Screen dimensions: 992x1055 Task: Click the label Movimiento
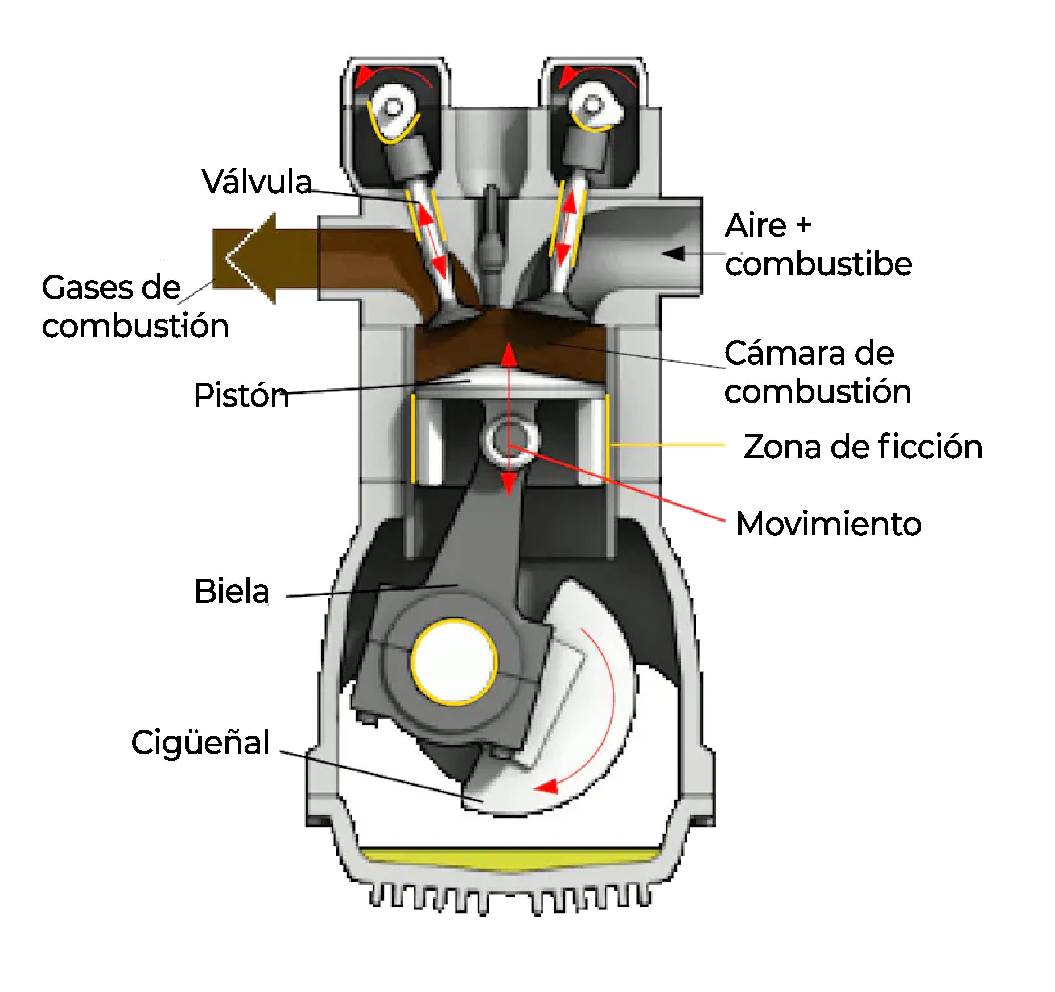tap(828, 524)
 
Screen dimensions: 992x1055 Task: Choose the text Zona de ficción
tap(862, 447)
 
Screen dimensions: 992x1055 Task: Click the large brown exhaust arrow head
tap(249, 258)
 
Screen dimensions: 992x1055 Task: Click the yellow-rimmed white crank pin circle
tap(454, 662)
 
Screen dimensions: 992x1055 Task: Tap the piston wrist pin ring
tap(509, 440)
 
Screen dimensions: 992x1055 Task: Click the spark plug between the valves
tap(491, 234)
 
